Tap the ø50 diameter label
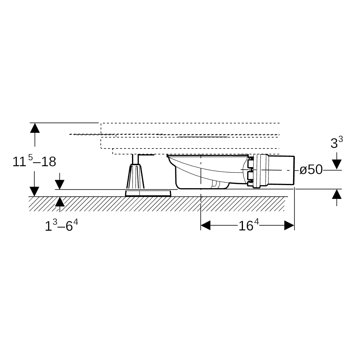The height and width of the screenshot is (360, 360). [311, 169]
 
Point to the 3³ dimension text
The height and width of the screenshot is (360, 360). [337, 142]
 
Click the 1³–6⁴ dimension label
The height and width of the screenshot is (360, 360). [61, 225]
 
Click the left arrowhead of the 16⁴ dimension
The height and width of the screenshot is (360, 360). [205, 225]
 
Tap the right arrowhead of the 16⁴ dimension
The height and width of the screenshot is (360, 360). [289, 225]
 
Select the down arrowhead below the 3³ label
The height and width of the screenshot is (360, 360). [337, 164]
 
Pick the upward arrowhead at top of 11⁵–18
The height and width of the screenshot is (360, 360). [35, 128]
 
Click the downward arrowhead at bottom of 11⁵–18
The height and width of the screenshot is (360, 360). [34, 191]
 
